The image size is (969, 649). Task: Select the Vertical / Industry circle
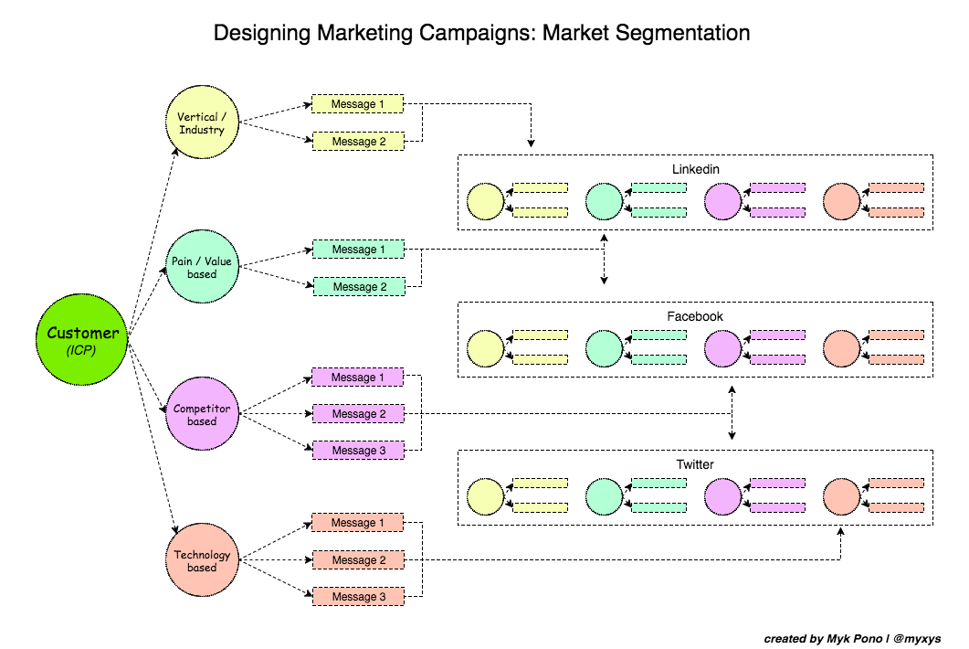202,123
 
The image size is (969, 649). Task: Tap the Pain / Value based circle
202,268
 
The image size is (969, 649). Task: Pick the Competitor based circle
202,414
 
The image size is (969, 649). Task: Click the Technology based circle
202,560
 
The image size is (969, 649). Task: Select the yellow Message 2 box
357,142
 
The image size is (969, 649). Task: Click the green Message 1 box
357,250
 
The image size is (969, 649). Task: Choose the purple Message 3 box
357,451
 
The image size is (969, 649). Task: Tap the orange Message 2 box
357,559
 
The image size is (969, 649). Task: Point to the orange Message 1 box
357,523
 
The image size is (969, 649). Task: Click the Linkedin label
695,170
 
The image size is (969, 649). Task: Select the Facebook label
695,316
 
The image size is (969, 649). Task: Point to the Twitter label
695,464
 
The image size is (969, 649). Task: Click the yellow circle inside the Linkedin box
485,201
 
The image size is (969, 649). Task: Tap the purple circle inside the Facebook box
722,348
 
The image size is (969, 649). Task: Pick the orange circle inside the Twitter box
841,495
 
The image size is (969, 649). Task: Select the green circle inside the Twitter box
604,495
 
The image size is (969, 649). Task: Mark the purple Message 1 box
357,378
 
